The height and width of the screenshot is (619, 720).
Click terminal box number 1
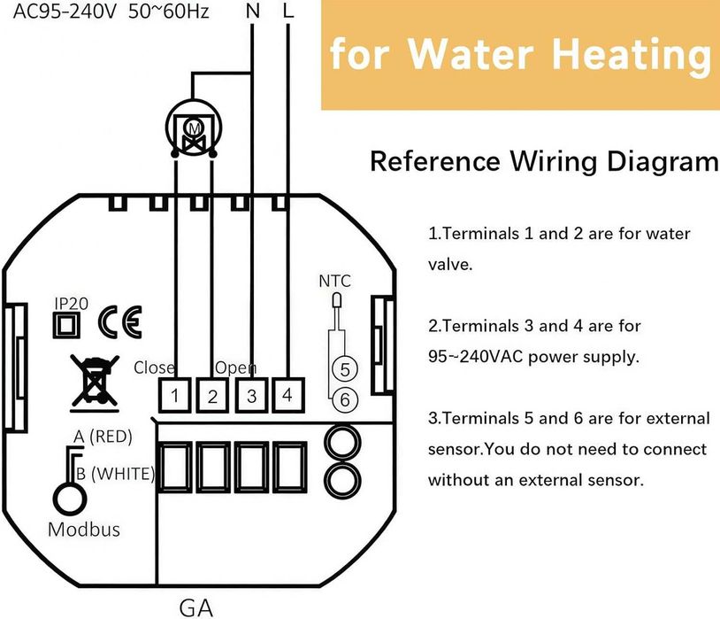176,396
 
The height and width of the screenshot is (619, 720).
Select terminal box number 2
213,396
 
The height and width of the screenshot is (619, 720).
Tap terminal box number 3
251,396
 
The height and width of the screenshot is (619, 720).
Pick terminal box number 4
287,395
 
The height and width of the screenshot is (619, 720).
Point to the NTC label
334,282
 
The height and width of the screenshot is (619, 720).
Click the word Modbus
83,530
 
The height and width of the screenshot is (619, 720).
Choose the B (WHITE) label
115,474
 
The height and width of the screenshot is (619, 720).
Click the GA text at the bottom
195,607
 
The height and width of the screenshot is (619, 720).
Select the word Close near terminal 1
154,367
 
